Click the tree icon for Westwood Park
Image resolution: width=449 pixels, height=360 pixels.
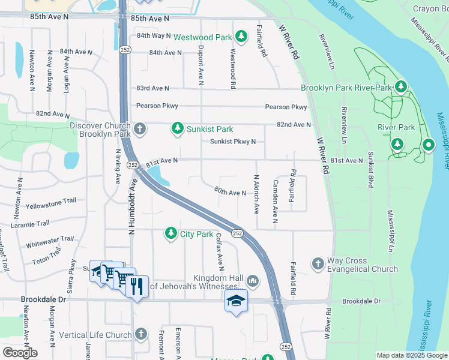[241, 37]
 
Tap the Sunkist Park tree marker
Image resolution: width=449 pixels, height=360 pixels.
[178, 128]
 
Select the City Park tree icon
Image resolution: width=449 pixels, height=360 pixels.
[171, 233]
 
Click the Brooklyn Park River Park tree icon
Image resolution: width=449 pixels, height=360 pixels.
[400, 88]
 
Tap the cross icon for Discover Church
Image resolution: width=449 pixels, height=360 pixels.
[140, 128]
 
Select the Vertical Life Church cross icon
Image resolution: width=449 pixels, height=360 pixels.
[141, 334]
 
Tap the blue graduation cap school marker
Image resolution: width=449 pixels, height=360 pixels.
[236, 300]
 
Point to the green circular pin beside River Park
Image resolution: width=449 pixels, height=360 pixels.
[428, 145]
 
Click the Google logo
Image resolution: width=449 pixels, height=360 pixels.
[20, 353]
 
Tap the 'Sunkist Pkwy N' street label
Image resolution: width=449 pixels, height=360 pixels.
[233, 142]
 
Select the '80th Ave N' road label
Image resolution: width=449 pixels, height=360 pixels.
[230, 193]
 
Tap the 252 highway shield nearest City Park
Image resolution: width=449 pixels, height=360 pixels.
[237, 233]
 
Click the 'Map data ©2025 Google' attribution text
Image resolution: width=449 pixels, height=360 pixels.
[411, 355]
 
